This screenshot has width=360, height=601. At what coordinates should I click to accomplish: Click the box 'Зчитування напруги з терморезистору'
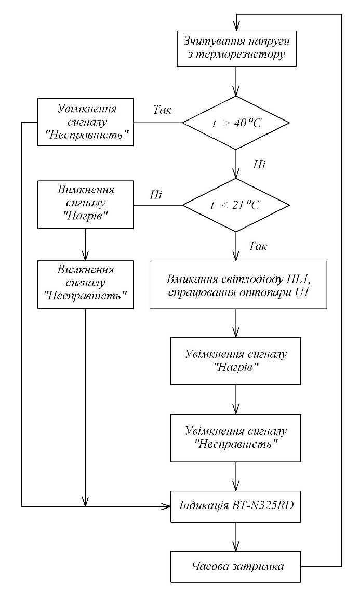[236, 46]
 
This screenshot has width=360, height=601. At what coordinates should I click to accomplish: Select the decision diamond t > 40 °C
[236, 123]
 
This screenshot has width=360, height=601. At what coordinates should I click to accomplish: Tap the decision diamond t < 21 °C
[236, 205]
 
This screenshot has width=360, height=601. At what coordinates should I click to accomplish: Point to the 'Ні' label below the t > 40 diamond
[260, 164]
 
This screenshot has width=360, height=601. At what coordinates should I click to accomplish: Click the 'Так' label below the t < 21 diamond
[258, 246]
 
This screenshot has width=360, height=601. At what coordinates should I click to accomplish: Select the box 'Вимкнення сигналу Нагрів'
[85, 204]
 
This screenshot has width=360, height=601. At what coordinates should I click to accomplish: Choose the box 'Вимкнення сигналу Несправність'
[85, 284]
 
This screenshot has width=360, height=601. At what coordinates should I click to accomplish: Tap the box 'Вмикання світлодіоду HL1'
[238, 285]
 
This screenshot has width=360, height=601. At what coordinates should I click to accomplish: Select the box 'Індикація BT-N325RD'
[236, 504]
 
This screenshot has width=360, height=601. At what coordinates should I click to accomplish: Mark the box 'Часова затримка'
[236, 566]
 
